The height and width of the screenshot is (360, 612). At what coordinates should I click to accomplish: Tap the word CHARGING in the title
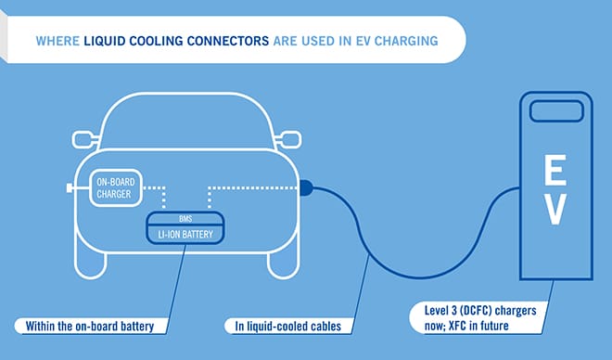pos(406,42)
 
